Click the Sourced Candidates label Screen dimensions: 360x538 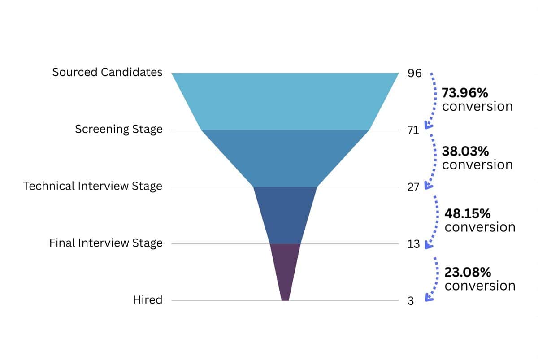(107, 72)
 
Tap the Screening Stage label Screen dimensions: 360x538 (118, 130)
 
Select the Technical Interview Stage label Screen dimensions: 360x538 (93, 186)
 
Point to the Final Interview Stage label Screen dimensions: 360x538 (106, 243)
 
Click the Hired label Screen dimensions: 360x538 (148, 300)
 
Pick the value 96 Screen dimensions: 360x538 (415, 73)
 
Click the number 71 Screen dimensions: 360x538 (413, 130)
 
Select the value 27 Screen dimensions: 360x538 (413, 187)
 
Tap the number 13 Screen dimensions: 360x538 (413, 244)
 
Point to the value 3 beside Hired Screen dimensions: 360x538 (411, 301)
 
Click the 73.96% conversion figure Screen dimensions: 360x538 (465, 93)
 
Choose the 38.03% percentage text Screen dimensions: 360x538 (465, 151)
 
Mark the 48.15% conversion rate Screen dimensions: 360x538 (467, 213)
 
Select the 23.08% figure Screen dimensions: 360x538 (468, 272)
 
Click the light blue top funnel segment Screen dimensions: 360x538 (285, 101)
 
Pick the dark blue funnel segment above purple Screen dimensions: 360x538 (285, 214)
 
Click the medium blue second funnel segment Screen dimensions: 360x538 (285, 158)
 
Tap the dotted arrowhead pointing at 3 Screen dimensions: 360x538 (428, 296)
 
